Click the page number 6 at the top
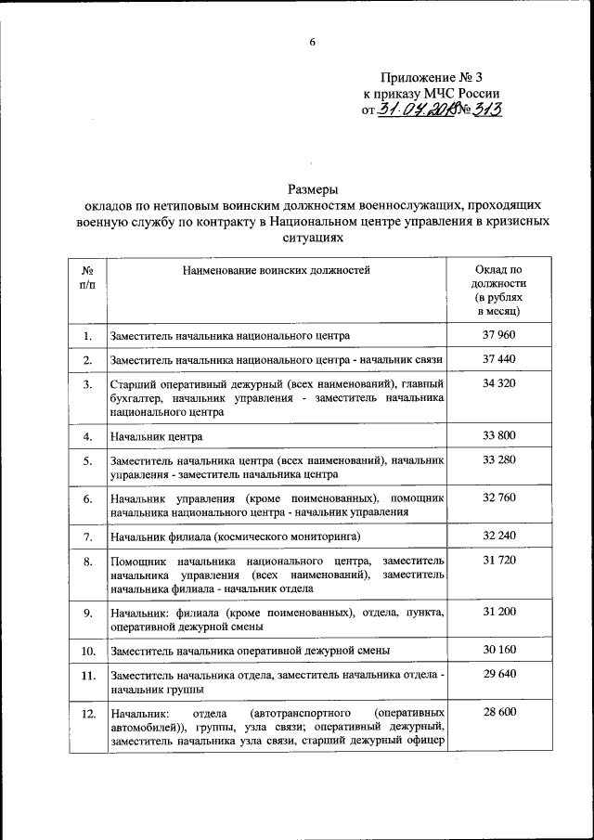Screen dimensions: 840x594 coord(313,41)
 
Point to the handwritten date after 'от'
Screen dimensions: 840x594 coord(417,110)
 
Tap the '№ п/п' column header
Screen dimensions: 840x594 coord(87,277)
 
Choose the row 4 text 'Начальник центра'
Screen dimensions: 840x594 coord(156,436)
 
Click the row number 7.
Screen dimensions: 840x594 coord(87,536)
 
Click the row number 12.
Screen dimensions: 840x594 coord(87,712)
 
